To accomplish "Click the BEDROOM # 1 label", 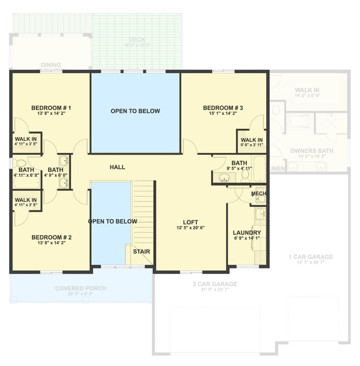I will [51, 108].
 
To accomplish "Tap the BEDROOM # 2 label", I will [51, 237].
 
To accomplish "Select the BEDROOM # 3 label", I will [223, 108].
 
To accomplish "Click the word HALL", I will [117, 167].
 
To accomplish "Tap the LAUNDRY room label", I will [247, 232].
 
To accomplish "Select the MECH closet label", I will [258, 194].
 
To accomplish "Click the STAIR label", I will [141, 251].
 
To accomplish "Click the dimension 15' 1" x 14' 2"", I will [223, 114].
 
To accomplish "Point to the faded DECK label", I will [137, 40].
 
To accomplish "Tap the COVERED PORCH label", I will [81, 288].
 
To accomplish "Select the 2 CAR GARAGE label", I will [215, 284].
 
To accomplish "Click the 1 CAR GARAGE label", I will [311, 257].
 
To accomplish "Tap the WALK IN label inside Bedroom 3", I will [252, 140].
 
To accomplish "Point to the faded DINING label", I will [51, 65].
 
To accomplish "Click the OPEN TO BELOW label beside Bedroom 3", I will [135, 111].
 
